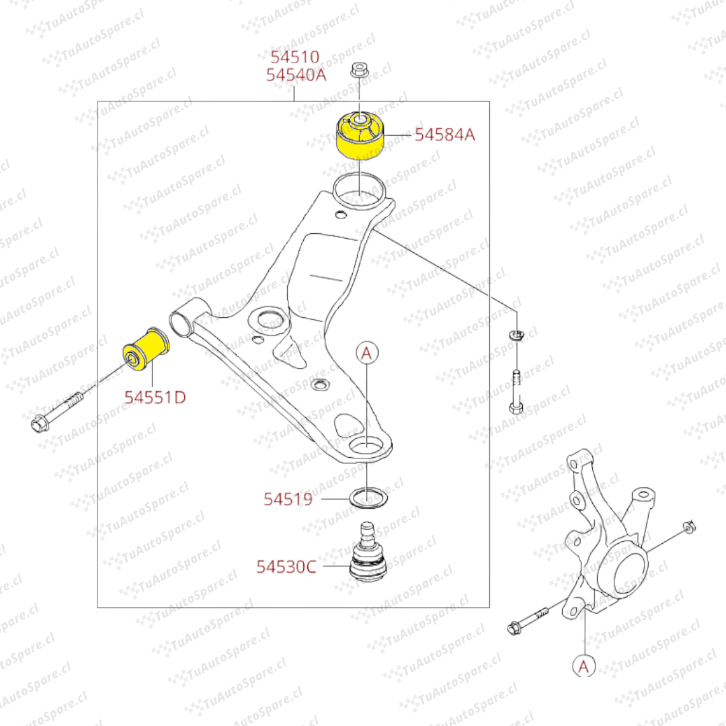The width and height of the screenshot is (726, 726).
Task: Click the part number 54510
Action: point(295,57)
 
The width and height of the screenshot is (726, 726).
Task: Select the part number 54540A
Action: point(296,75)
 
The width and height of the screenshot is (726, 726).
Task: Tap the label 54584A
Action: point(445,134)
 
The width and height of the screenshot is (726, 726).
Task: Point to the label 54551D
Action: point(155,397)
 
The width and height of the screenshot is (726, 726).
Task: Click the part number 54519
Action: point(288,499)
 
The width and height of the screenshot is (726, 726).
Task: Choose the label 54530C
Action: point(286,567)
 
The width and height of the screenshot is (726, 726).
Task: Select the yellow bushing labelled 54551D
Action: point(146,350)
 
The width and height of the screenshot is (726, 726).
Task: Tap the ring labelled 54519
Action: point(368,498)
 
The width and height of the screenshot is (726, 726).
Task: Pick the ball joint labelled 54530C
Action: point(368,551)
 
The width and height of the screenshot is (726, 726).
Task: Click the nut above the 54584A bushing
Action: point(360,70)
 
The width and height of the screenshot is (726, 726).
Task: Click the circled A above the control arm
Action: point(367,354)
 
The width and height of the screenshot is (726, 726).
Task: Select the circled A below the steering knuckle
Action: point(584,666)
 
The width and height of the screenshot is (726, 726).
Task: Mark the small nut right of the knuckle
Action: point(690,526)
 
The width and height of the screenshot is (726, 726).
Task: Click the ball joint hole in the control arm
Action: point(366,446)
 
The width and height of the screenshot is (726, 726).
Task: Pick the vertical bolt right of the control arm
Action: point(516,392)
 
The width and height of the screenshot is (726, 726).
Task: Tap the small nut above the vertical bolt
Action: point(516,334)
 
